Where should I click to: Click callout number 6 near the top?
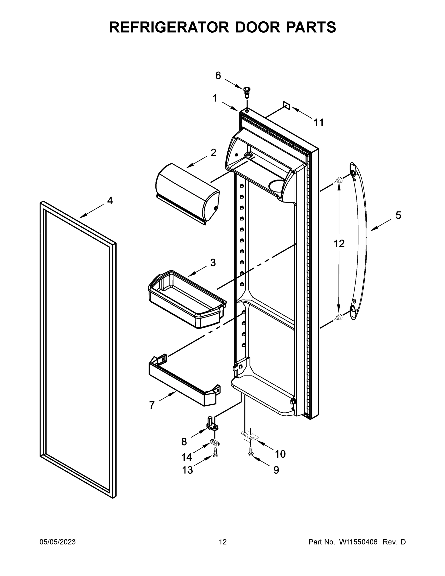(x=218, y=76)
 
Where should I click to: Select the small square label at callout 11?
(x=287, y=105)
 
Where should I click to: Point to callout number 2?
(x=213, y=152)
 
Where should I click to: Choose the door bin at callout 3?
(x=187, y=299)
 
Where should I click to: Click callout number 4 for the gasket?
(x=110, y=201)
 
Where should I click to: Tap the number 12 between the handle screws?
(x=339, y=244)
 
